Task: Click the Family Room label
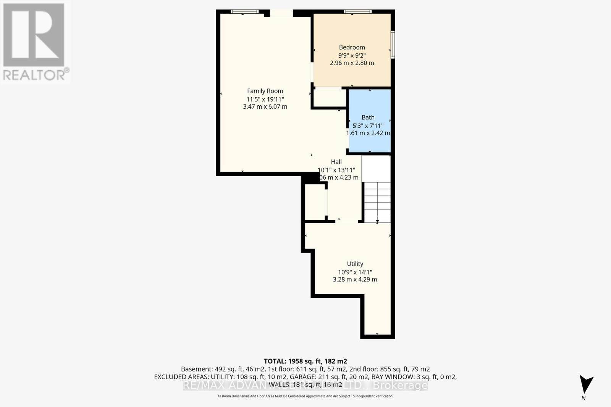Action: point(265,91)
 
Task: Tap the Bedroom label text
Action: point(352,47)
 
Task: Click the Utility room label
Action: point(355,264)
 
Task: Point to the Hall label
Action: point(336,162)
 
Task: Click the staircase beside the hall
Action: point(377,202)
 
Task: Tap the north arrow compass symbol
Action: point(585,384)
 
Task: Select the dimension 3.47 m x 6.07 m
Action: point(265,107)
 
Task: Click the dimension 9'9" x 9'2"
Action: point(352,55)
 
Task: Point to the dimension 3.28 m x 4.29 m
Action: point(355,280)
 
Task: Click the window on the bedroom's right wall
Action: point(393,45)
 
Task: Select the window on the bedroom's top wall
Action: point(357,12)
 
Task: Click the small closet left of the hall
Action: point(315,202)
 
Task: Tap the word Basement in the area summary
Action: point(195,369)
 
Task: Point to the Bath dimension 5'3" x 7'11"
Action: point(368,125)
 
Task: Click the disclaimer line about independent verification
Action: point(305,396)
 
